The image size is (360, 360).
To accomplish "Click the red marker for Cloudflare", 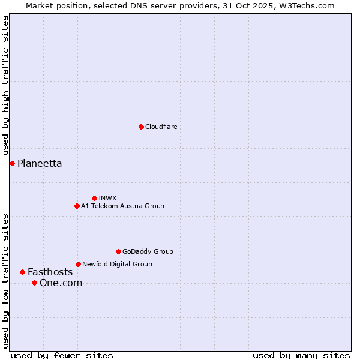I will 141,127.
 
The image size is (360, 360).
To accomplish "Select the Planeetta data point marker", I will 12,163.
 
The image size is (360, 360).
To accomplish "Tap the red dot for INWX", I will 94,198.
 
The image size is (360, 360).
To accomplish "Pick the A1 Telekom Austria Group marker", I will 77,206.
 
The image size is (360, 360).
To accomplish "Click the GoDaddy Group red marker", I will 118,251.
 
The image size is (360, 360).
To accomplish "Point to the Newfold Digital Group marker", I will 78,264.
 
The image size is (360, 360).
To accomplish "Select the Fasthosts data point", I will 22,272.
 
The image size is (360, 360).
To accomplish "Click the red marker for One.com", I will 34,283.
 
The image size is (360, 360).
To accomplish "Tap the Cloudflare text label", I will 161,127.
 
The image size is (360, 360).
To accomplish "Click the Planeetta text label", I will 40,163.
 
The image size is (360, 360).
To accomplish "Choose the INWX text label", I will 107,198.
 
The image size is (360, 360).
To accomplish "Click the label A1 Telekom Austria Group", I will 122,206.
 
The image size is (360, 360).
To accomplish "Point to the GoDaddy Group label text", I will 148,251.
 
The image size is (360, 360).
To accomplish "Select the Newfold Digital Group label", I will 117,264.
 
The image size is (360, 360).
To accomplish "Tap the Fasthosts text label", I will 50,272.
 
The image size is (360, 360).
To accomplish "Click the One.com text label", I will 61,283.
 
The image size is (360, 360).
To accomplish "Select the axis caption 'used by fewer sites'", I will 62,355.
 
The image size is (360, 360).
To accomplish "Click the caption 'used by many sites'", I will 301,355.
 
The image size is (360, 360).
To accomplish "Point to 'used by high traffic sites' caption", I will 6,86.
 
